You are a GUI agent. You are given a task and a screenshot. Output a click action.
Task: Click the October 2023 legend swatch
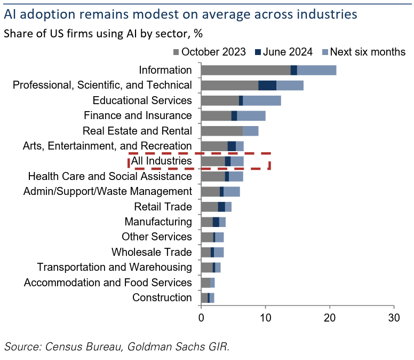[x=176, y=52]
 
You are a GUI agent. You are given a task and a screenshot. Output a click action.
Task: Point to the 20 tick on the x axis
[x=330, y=317]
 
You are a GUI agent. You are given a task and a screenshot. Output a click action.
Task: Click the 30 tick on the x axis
[x=394, y=317]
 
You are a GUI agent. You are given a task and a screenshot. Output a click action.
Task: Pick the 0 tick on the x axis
[x=201, y=317]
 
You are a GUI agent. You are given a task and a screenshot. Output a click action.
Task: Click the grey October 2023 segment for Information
[x=245, y=70]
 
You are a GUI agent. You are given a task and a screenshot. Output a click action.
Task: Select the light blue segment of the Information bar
[x=316, y=70]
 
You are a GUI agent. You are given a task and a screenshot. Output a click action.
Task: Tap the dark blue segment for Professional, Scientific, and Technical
[x=267, y=85]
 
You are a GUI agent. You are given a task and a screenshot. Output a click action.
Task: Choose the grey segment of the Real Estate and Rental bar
[x=221, y=131]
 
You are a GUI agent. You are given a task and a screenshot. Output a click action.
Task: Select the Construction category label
[x=162, y=298]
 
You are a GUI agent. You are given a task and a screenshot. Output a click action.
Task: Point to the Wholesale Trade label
[x=152, y=252]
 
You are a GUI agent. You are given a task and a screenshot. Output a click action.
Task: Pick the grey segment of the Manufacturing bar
[x=206, y=222]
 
